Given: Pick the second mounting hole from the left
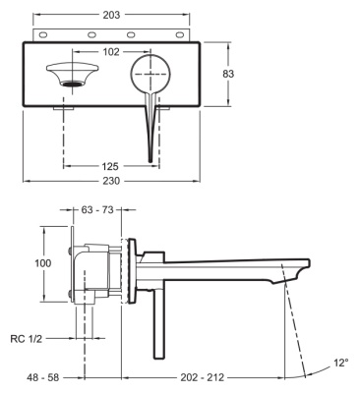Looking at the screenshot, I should pos(91,35).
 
